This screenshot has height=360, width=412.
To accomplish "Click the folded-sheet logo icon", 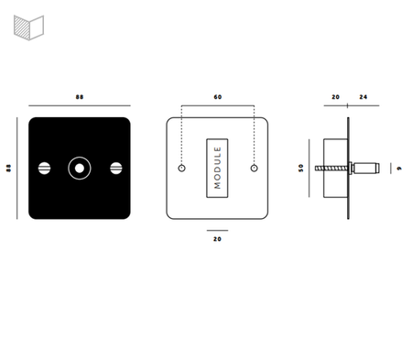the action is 29,27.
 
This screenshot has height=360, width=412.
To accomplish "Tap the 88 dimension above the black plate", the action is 80,97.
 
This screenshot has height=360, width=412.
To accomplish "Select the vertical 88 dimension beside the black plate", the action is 8,168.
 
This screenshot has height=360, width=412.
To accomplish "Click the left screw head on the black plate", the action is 45,169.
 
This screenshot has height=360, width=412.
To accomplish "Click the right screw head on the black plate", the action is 116,169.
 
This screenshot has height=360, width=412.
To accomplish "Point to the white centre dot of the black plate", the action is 80,169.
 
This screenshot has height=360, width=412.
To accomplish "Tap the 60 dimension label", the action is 218,97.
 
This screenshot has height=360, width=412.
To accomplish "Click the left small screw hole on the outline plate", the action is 181,169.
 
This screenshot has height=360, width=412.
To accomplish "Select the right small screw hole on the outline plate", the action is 254,169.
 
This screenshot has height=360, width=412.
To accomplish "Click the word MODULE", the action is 217,168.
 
